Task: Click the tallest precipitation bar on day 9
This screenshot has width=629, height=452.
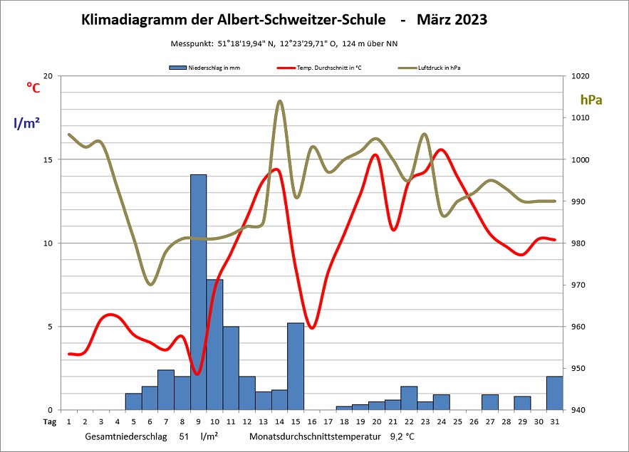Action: pos(198,292)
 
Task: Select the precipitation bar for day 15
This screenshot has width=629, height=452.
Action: pos(296,366)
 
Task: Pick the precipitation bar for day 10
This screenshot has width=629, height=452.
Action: pos(214,345)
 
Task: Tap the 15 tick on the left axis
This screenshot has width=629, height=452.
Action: pos(48,159)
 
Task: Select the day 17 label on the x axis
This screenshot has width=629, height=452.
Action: pos(328,421)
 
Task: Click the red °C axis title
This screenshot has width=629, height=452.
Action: pos(33,87)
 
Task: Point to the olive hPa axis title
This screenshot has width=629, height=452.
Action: pos(591,100)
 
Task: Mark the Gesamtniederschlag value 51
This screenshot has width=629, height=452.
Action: pos(184,435)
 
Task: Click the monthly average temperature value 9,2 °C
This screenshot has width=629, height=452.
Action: pos(402,435)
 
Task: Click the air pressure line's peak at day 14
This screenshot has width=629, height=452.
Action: pos(279,101)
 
